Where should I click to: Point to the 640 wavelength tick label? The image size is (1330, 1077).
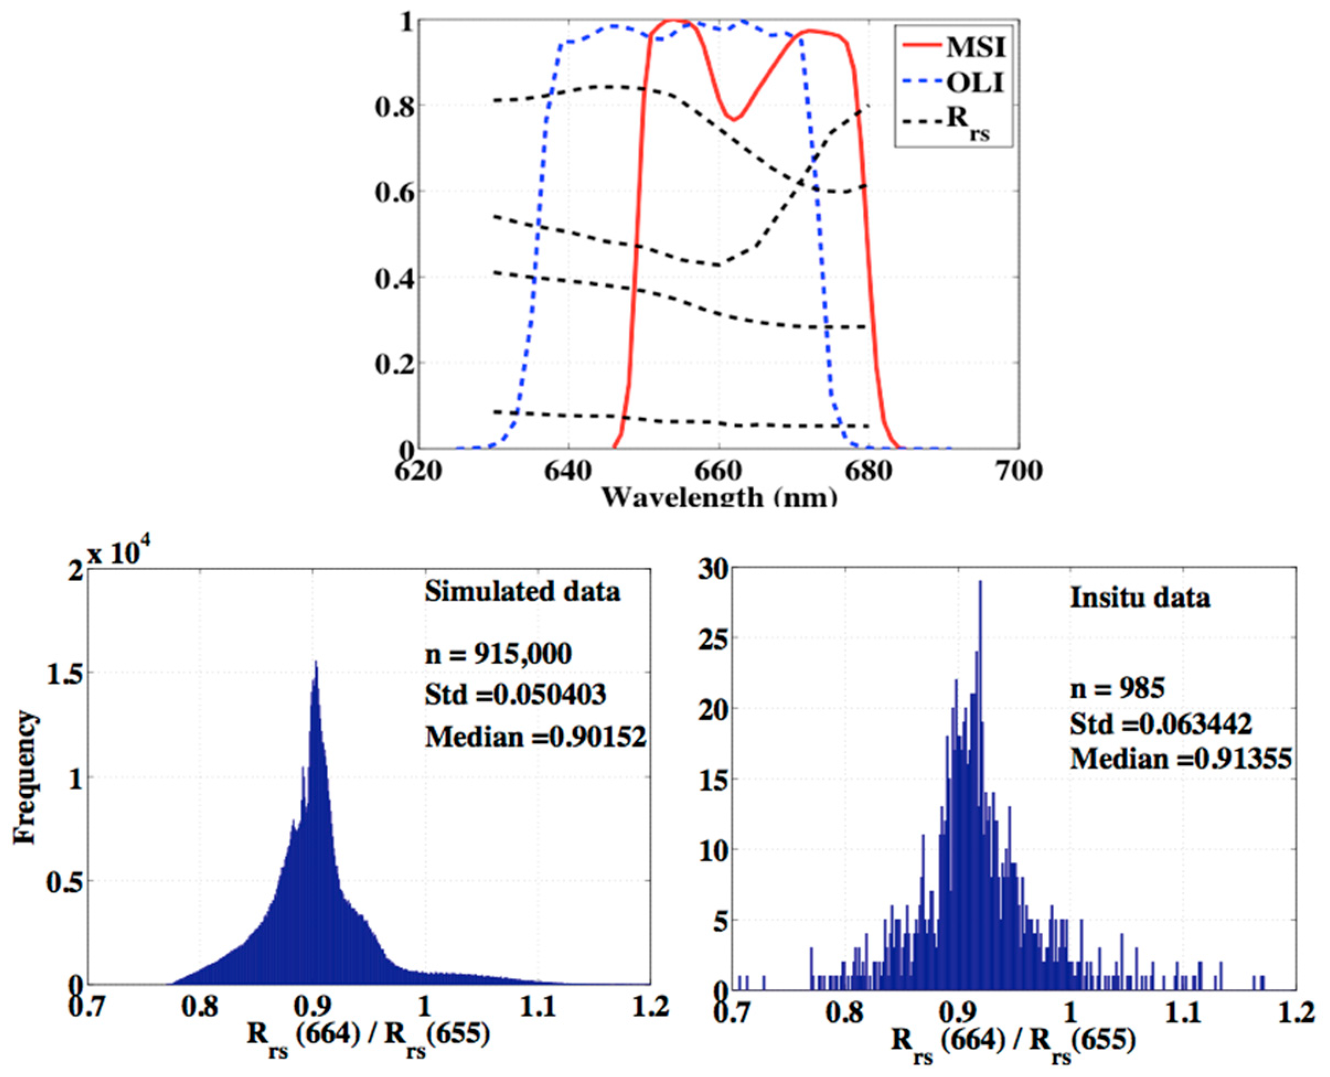point(568,470)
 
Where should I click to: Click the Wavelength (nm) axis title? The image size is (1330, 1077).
point(719,496)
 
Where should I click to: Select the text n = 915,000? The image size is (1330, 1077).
point(498,653)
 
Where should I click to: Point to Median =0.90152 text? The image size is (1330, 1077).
point(536,736)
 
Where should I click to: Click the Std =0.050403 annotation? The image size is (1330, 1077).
point(515,694)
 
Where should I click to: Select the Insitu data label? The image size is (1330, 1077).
point(1140,597)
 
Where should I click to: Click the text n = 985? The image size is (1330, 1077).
point(1117,689)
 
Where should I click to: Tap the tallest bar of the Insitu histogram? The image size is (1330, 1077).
point(980,583)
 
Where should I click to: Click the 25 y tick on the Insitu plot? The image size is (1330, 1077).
point(714,640)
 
